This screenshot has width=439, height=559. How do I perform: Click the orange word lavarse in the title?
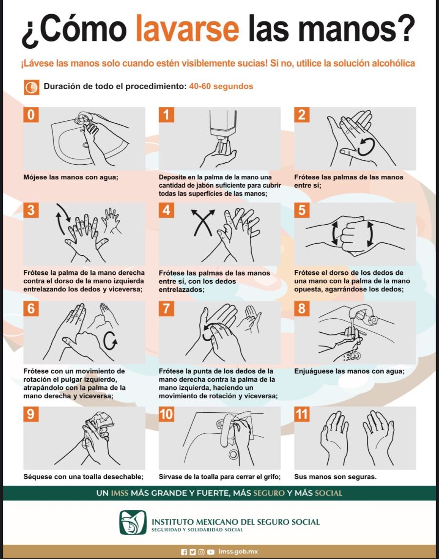(x=187, y=28)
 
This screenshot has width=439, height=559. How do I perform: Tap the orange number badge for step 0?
(x=31, y=115)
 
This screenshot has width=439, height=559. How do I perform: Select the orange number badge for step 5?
(x=302, y=210)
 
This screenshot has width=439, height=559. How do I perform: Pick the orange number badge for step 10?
(x=166, y=414)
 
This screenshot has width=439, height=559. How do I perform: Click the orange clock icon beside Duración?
(x=31, y=87)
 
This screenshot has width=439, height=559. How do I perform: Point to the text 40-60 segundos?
(x=221, y=86)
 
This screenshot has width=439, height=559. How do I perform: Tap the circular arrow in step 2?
(x=366, y=147)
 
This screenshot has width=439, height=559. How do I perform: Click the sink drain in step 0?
(x=86, y=145)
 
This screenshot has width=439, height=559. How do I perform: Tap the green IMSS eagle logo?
(x=133, y=522)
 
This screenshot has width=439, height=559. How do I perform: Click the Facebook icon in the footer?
(x=184, y=552)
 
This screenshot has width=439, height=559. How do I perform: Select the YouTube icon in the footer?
(x=211, y=552)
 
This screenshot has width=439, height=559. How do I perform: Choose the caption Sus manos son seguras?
(x=336, y=477)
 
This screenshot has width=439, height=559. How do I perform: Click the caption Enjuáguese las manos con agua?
(x=349, y=371)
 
